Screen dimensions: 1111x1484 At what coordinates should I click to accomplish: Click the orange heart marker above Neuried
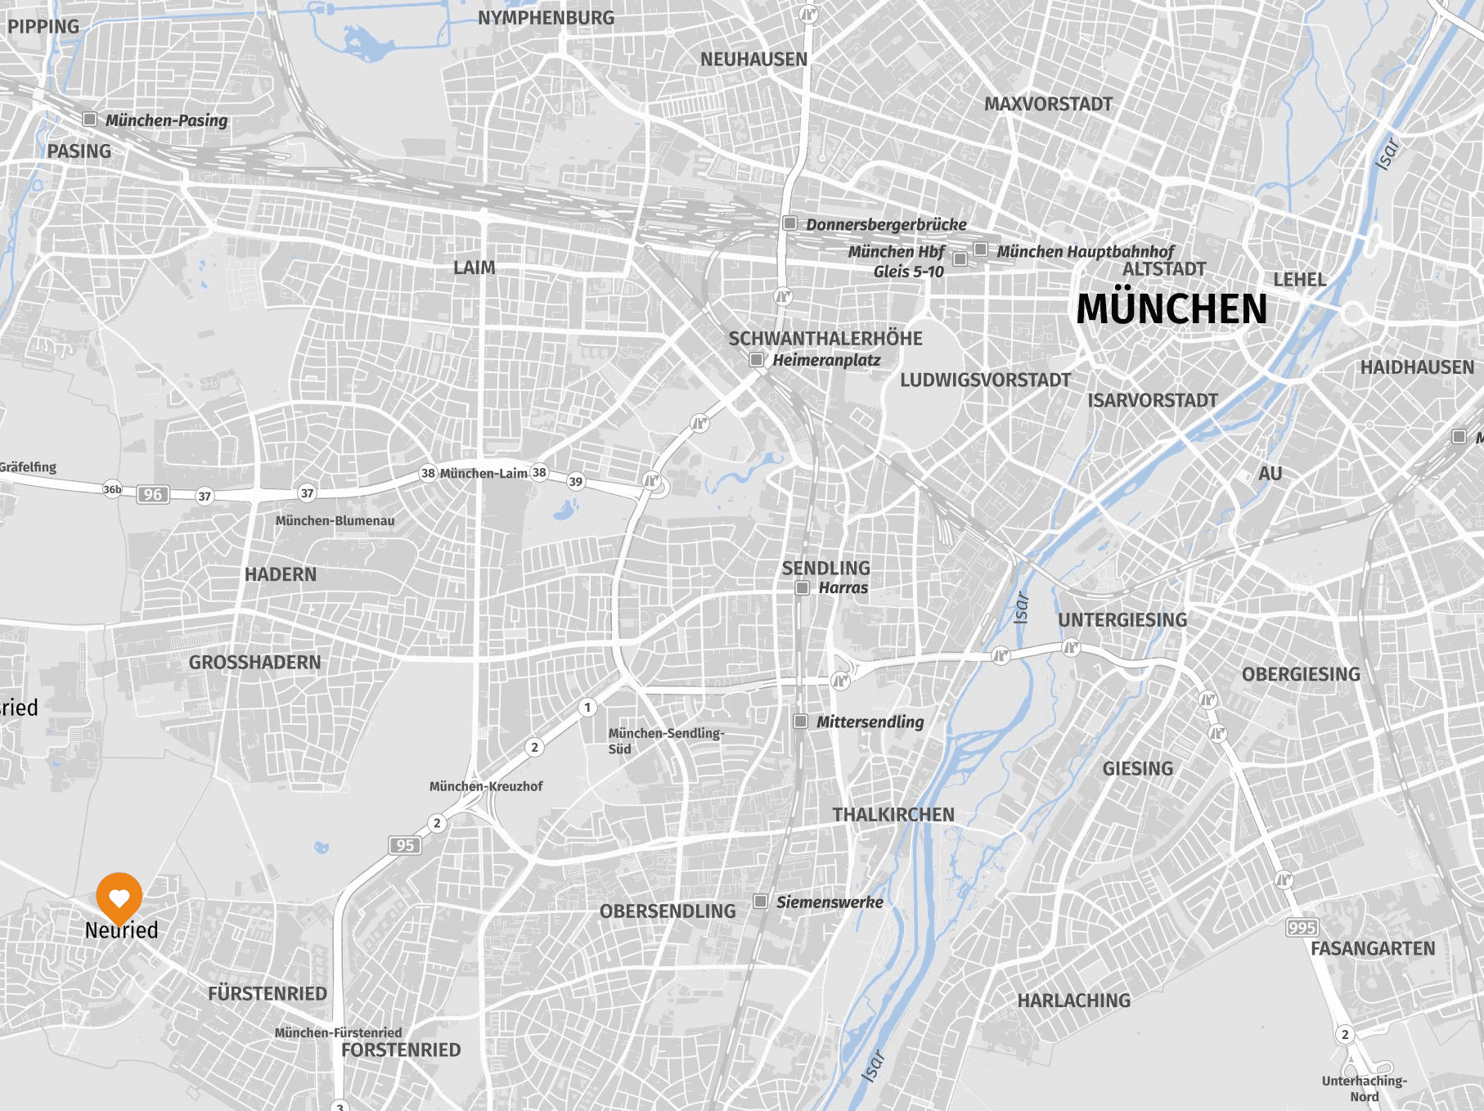click(119, 897)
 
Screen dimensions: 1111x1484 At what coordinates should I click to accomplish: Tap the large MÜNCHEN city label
click(1171, 309)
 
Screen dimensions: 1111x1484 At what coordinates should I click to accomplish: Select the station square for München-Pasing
click(90, 119)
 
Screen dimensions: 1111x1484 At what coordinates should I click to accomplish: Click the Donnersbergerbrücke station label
click(886, 224)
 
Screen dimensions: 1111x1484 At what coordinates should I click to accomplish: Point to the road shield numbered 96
click(152, 494)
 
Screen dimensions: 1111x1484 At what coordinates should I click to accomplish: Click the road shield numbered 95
click(405, 845)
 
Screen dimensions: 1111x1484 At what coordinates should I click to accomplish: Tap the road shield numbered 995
click(1302, 927)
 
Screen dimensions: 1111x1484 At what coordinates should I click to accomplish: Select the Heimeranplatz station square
click(757, 359)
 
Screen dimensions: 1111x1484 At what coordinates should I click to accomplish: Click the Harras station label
click(843, 587)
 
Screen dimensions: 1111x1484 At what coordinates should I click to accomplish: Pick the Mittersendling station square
click(801, 721)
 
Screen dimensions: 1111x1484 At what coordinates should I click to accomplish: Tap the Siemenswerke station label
click(830, 902)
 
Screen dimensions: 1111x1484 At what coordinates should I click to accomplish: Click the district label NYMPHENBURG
click(546, 18)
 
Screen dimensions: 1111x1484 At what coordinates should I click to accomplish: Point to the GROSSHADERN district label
click(254, 662)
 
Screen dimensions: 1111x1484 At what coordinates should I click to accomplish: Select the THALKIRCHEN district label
click(893, 814)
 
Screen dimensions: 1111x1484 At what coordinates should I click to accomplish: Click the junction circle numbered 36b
click(112, 489)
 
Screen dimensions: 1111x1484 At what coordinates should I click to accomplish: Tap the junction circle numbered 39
click(576, 481)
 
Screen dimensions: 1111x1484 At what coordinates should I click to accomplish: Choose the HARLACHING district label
click(1073, 1000)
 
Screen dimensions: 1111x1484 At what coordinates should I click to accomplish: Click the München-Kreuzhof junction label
click(486, 786)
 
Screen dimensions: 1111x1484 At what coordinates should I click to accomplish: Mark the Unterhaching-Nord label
click(1364, 1088)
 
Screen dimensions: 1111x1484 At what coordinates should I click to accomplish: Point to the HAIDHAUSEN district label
click(1417, 367)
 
